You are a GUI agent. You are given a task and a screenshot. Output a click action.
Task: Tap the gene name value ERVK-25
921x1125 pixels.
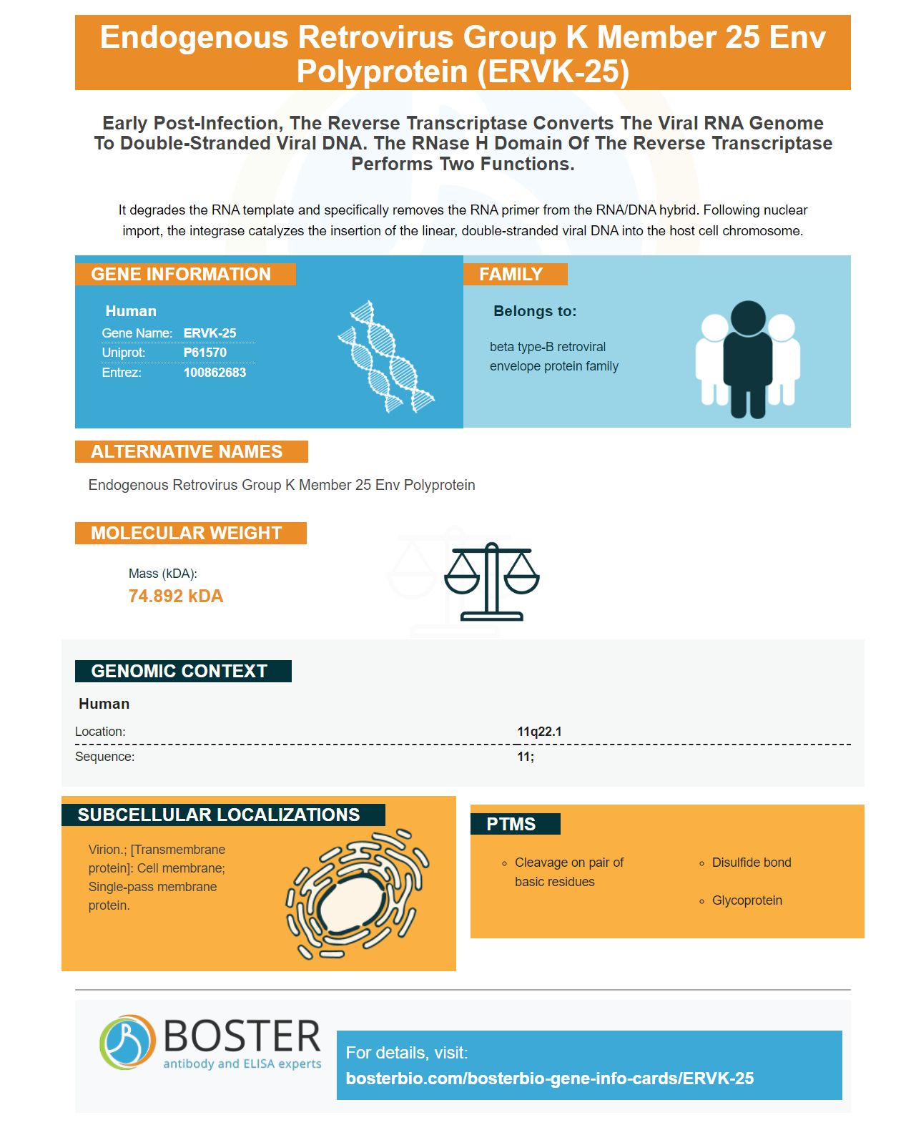coord(209,332)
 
